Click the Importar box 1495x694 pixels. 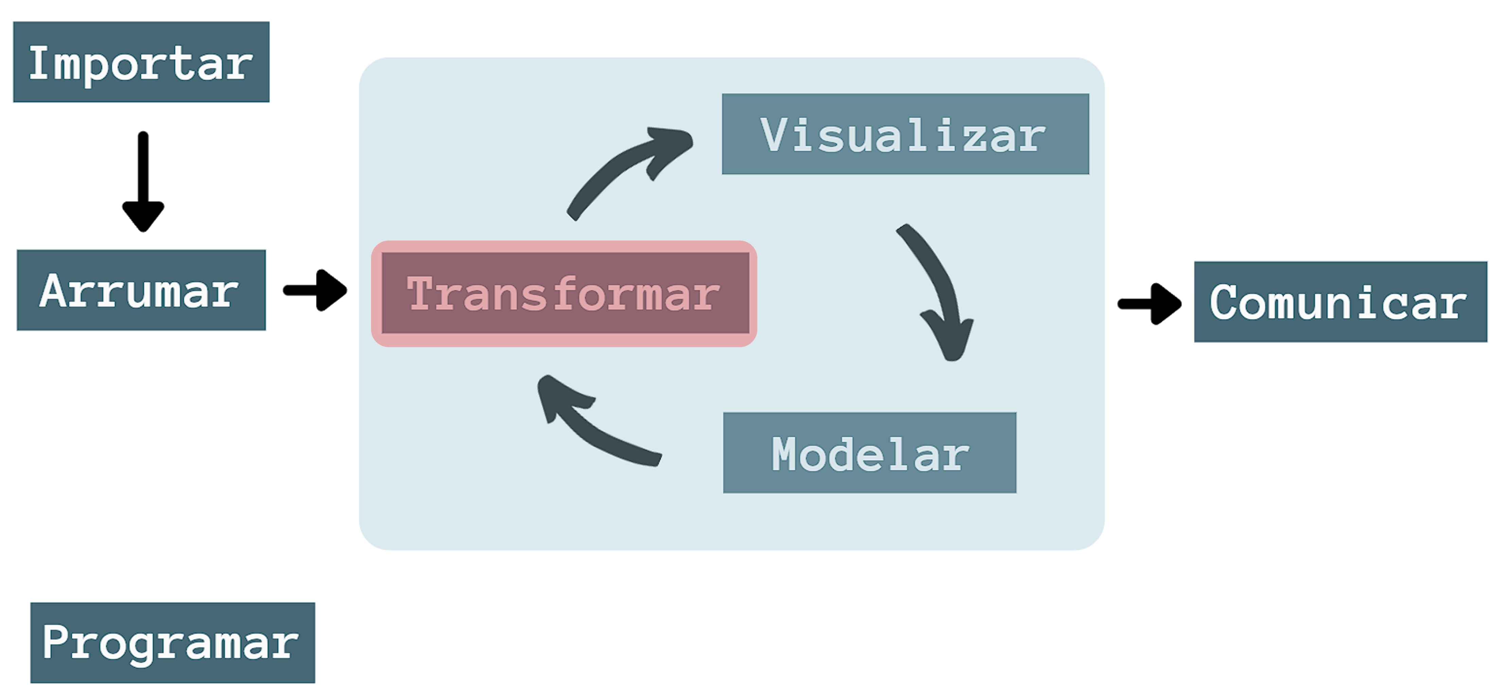pos(141,62)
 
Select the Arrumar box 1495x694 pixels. pos(141,290)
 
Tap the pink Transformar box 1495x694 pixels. pos(564,293)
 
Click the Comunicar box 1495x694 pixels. pos(1341,302)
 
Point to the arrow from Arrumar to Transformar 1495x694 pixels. pos(315,290)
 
